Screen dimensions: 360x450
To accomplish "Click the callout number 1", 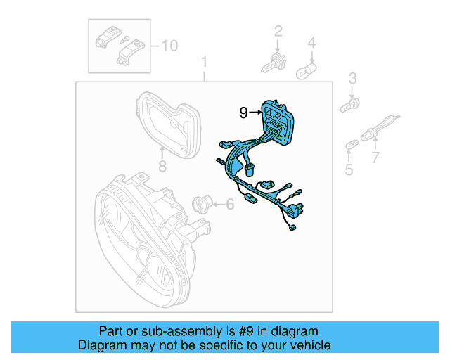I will click(205, 61).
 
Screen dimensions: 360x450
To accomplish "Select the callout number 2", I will click(278, 31).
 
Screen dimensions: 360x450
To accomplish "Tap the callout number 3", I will click(354, 78).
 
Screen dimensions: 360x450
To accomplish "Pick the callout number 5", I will click(349, 169).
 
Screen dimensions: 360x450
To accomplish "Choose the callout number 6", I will click(230, 205).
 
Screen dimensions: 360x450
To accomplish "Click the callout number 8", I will click(162, 167).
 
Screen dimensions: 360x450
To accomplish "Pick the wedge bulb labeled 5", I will click(350, 146).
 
